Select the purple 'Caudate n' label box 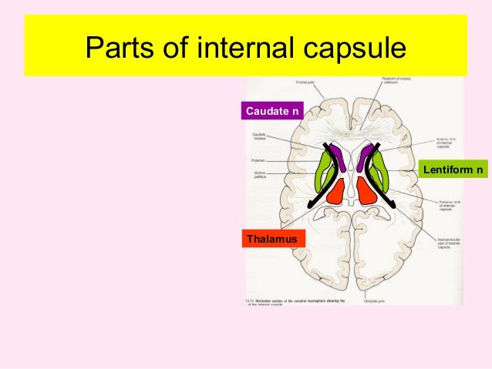(272, 112)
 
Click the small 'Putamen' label (258, 160)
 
